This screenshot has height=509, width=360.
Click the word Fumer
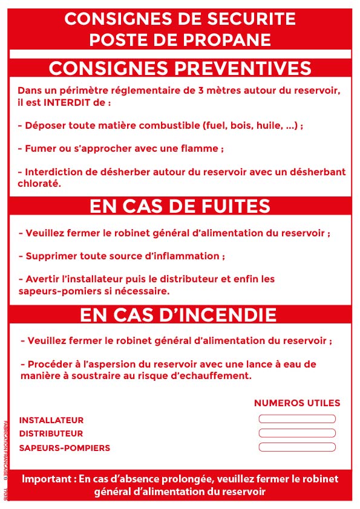point(39,148)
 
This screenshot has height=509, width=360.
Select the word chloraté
point(39,183)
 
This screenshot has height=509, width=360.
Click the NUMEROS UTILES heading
point(296,403)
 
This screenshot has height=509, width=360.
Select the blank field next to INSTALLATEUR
point(296,419)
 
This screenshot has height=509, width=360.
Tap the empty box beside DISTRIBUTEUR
point(296,433)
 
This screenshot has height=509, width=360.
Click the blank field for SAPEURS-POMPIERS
point(296,447)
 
